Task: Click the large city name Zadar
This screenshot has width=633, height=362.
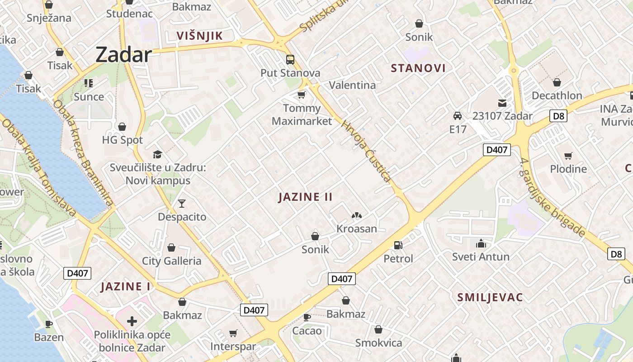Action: [x=123, y=55]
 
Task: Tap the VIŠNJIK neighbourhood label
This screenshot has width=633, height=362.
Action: [x=200, y=36]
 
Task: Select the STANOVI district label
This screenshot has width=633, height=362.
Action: [x=418, y=68]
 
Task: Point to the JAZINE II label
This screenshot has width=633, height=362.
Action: [x=306, y=197]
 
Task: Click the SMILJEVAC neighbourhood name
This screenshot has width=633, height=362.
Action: [x=490, y=297]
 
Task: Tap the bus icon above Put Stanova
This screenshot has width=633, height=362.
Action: [x=290, y=60]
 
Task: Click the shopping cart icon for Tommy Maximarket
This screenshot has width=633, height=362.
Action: [x=302, y=95]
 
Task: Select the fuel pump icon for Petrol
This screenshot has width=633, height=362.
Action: [x=398, y=245]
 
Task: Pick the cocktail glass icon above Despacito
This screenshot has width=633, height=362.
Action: [x=182, y=204]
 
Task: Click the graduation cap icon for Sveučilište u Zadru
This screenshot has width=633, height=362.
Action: [x=157, y=155]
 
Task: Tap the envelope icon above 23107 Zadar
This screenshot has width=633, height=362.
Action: [x=502, y=103]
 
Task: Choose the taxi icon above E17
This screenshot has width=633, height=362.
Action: [x=458, y=116]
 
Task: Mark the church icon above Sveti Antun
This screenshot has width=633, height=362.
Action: [x=481, y=244]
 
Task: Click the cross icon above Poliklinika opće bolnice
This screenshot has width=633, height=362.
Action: [x=132, y=322]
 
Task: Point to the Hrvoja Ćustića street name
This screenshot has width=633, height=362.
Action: [x=366, y=151]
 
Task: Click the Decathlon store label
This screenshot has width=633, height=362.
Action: [x=557, y=95]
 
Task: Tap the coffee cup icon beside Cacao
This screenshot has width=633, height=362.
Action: [x=307, y=317]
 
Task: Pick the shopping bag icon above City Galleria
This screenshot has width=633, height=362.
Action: [x=171, y=248]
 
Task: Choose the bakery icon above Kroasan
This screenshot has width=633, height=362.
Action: [x=357, y=216]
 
